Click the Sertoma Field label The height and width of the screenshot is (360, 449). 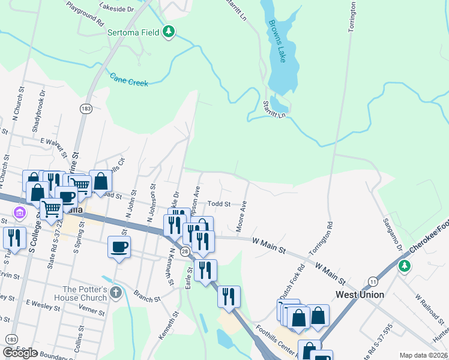(133, 32)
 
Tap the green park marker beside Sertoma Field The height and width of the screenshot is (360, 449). (169, 31)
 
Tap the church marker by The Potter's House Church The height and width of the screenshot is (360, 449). (116, 293)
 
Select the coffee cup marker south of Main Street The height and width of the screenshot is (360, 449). (119, 246)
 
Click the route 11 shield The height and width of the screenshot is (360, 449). (373, 281)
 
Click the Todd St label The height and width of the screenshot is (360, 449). (219, 204)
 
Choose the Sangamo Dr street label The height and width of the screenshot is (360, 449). (392, 235)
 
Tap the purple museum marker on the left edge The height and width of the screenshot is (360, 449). (20, 212)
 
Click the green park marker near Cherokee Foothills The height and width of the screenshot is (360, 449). (405, 265)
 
